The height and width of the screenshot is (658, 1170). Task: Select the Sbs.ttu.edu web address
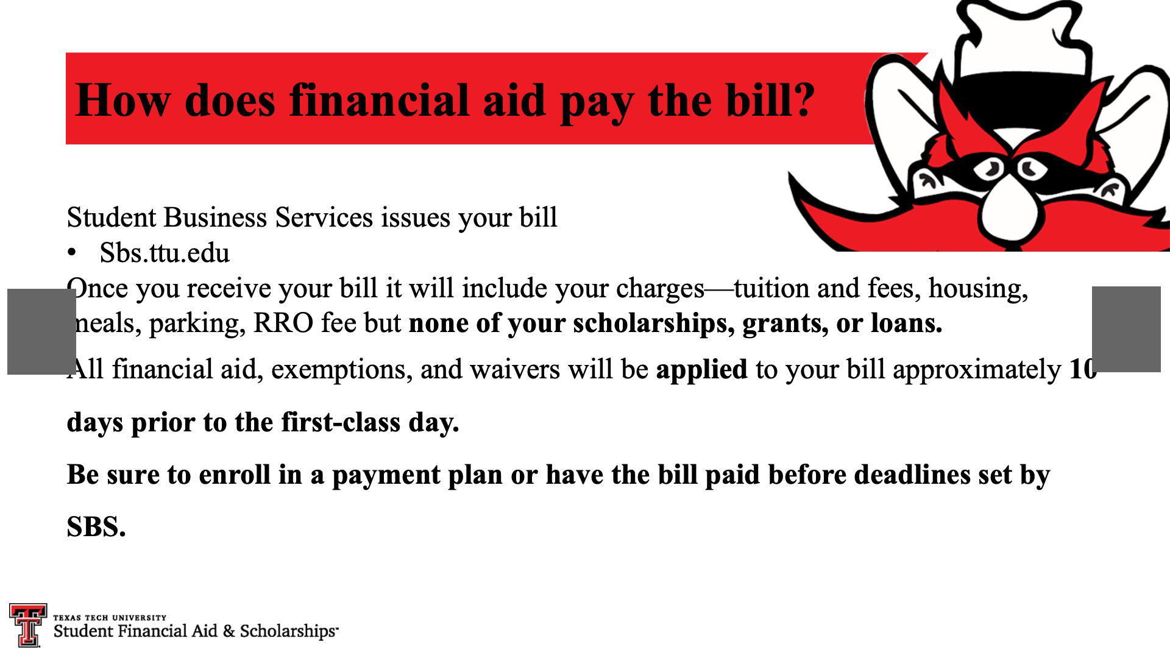click(x=165, y=253)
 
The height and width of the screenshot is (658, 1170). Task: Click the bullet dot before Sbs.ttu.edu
click(x=73, y=253)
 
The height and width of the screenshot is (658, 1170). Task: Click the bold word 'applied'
click(x=701, y=369)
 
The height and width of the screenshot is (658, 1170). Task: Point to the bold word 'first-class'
click(x=341, y=422)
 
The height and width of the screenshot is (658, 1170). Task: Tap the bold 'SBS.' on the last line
click(x=96, y=527)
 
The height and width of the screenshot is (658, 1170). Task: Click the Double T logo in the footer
click(x=28, y=625)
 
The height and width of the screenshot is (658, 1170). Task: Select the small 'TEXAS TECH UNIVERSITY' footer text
click(x=110, y=617)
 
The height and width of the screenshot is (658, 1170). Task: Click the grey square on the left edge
click(x=41, y=331)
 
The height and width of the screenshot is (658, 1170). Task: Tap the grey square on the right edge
click(x=1126, y=329)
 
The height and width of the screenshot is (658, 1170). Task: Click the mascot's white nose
click(x=1009, y=210)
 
